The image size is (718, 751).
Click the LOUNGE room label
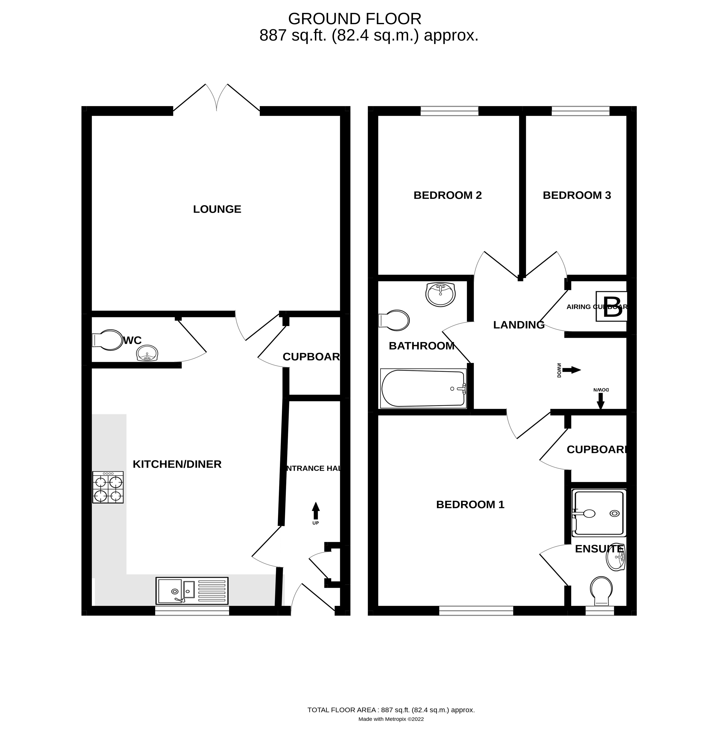[217, 209]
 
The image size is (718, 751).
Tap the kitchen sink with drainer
[192, 591]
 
